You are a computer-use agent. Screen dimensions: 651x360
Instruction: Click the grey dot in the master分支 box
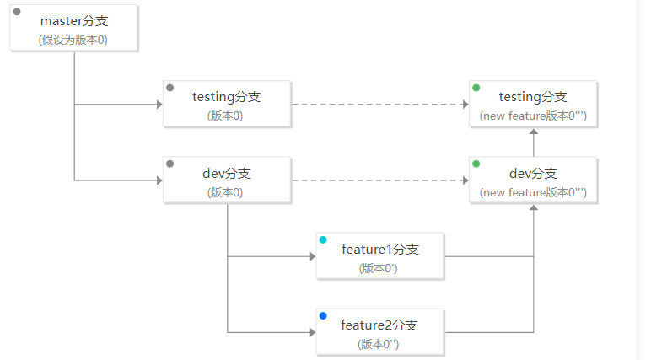17,12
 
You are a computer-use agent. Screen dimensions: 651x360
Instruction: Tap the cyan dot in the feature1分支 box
323,239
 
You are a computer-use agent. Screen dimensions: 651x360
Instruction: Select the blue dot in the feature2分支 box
323,315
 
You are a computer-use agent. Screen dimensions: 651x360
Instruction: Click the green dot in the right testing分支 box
476,88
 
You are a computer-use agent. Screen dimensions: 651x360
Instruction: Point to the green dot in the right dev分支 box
476,164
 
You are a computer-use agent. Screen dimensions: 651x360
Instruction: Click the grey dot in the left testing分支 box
169,88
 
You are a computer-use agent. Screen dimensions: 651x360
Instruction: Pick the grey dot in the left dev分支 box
169,164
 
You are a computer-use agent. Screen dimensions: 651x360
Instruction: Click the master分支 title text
74,21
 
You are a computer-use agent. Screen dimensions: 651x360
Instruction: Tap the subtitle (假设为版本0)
73,40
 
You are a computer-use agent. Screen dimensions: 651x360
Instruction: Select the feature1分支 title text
380,250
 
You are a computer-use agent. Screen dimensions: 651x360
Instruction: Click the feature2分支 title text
379,325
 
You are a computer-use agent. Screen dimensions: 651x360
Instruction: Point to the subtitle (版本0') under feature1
379,268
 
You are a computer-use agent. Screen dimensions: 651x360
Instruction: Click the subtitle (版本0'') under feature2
379,344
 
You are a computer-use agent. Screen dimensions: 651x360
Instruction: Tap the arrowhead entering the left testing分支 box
159,105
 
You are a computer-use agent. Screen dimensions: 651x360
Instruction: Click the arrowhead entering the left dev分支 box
159,180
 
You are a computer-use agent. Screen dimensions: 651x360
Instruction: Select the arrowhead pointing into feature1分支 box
313,256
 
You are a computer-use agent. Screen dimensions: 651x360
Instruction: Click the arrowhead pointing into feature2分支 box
313,332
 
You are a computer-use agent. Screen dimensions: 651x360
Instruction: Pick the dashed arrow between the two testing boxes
380,105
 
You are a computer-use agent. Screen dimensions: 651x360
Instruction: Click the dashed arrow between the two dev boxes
380,180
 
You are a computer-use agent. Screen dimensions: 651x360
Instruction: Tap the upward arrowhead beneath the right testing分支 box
534,132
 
